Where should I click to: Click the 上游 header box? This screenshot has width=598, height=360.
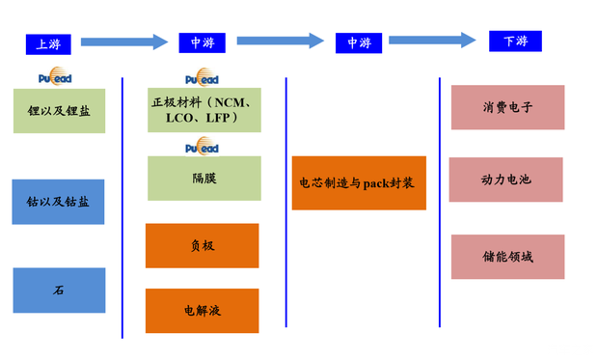pos(47,43)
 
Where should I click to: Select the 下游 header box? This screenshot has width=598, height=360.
pos(515,41)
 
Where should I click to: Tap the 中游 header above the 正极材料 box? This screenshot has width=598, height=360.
pos(202,42)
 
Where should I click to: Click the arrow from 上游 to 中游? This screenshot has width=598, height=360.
pos(124,42)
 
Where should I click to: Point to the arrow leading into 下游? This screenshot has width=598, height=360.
pos(432,41)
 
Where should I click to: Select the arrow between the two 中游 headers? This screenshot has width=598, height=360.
pos(280,41)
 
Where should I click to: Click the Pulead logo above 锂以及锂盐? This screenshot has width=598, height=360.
pos(54,77)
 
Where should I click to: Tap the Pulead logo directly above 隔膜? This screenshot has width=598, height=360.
pos(202,148)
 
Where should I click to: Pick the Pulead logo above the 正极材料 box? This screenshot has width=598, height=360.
pos(202,78)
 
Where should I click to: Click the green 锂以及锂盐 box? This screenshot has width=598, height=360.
pos(59,110)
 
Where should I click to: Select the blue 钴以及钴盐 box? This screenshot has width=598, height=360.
pos(59,202)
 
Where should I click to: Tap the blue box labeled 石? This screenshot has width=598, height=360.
pos(59,290)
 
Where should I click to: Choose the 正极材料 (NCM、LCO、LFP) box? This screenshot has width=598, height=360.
pos(204,109)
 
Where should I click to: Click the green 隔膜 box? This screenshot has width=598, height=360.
pos(204,179)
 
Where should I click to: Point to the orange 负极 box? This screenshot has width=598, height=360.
pos(202,245)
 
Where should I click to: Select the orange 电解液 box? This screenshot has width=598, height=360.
pos(202,311)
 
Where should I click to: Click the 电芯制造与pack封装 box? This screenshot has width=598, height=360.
pos(359,182)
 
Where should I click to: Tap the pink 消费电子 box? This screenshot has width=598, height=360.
pos(507,107)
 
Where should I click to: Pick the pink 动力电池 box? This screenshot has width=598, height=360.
pos(506,180)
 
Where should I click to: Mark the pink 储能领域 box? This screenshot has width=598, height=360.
pos(507,257)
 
